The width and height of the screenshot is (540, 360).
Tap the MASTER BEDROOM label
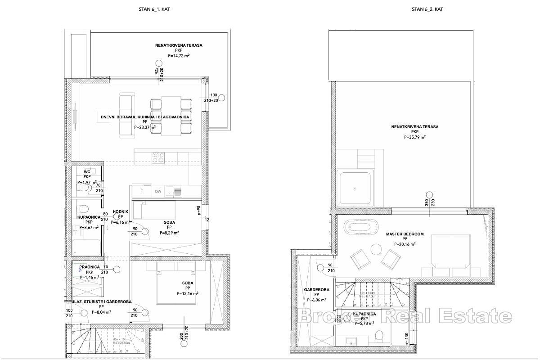(404, 234)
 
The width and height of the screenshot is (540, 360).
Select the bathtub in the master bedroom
(360, 228)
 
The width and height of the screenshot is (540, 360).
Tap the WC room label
(87, 171)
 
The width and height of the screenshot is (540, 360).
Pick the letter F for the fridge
(142, 192)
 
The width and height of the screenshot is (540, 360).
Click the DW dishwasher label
(158, 192)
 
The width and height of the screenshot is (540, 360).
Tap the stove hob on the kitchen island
(158, 157)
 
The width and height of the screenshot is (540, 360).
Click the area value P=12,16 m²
(188, 293)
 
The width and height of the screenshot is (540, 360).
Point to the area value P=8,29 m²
(169, 233)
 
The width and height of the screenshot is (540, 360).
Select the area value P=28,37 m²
(144, 127)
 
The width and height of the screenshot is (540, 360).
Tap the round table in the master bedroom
(374, 248)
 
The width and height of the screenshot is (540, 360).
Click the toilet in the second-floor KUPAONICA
(378, 336)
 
